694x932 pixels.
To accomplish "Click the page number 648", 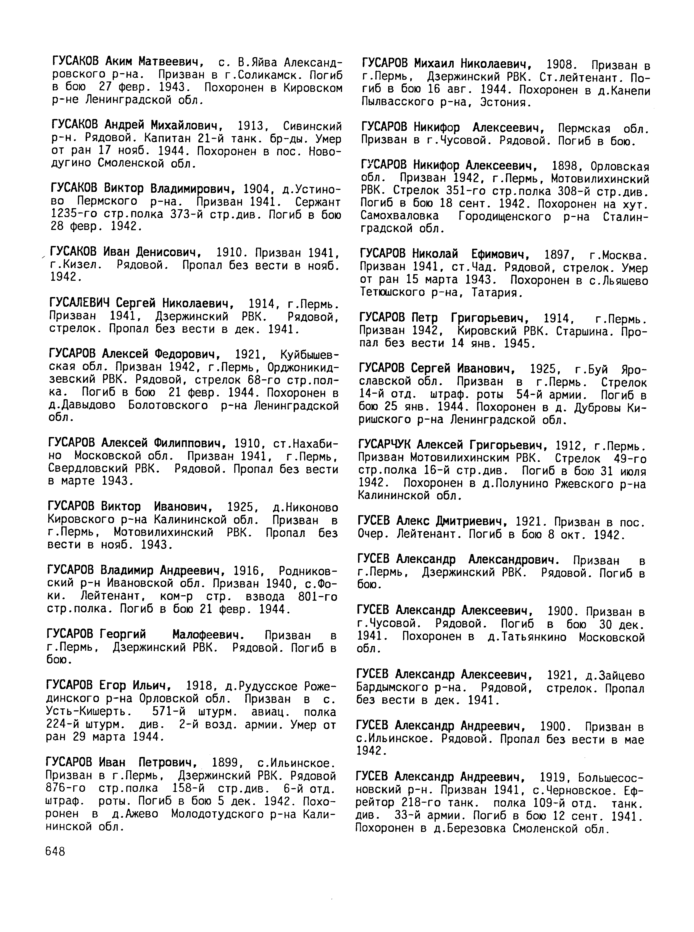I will coord(55,851).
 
